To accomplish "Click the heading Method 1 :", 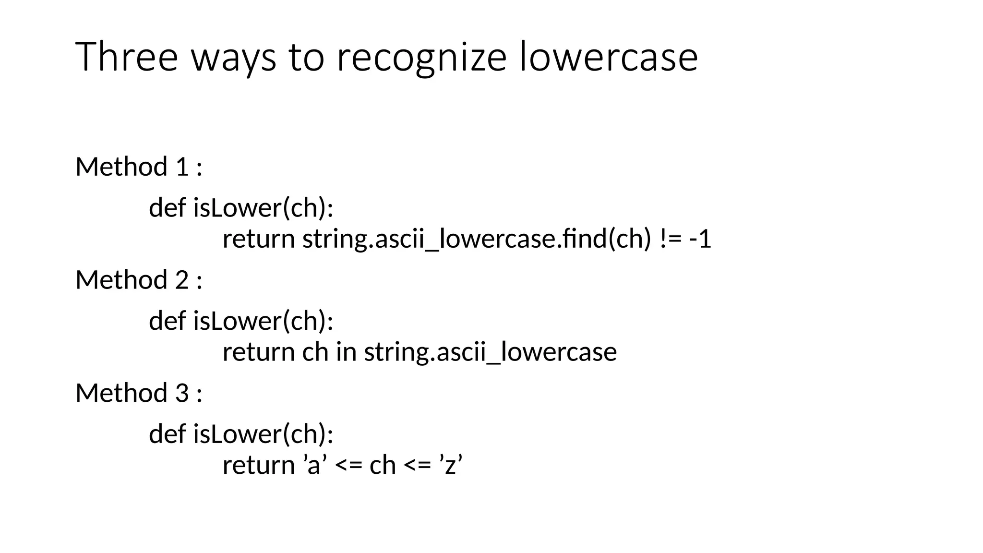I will coord(139,167).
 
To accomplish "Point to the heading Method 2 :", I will coord(139,280).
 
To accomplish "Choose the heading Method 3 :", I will coord(139,393).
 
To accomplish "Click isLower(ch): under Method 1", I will coord(263,208).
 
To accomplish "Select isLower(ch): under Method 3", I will coord(263,434).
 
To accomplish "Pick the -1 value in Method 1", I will coord(700,239).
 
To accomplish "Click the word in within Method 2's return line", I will coord(346,352).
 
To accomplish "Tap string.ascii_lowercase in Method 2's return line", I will coord(490,352).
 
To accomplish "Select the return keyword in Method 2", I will coord(258,352).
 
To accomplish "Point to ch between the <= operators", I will coord(383,465).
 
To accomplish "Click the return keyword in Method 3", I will coord(258,465).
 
